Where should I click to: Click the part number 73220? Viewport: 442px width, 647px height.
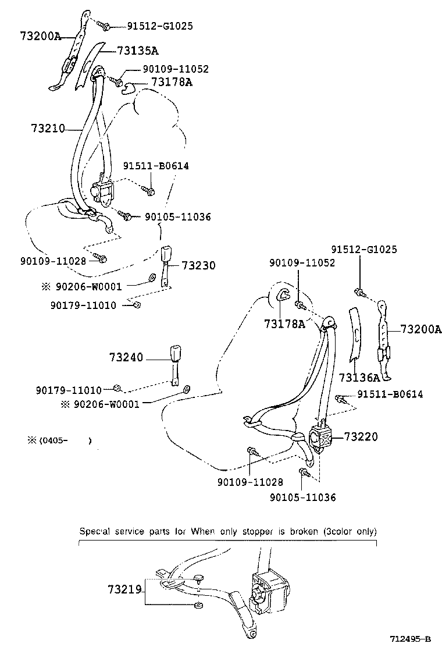[x=361, y=435]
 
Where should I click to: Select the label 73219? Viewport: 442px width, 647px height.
[x=124, y=590]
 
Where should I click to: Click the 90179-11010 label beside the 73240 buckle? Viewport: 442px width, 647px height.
[x=68, y=390]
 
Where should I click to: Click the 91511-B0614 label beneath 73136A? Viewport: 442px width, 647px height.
[x=390, y=394]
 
